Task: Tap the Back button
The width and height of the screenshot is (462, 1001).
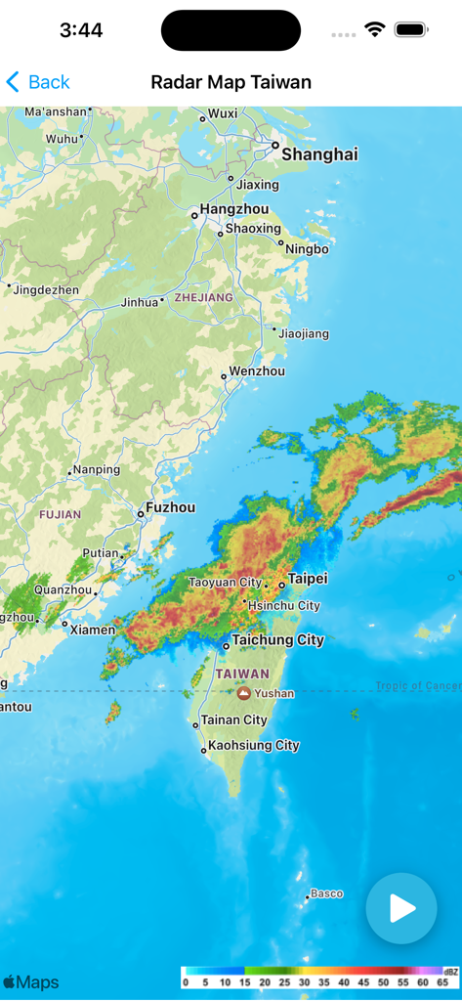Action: [x=38, y=82]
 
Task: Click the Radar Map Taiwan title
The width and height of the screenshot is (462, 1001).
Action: [x=231, y=82]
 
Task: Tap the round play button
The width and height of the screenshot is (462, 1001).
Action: [x=401, y=908]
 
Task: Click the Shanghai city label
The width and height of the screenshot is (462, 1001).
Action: [x=319, y=154]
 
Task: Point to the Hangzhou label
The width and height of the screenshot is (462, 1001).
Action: [x=233, y=209]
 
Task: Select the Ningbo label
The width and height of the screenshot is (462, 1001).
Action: [x=307, y=249]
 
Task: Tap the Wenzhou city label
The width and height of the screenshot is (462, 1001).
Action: [x=257, y=371]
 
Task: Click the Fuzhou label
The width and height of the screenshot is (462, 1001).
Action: [x=170, y=507]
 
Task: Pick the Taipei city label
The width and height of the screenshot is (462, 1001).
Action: [x=308, y=578]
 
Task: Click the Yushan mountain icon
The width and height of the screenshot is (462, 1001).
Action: [x=243, y=693]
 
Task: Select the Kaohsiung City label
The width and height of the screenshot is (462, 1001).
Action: [x=252, y=745]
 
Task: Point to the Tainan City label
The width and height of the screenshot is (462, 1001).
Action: [x=233, y=720]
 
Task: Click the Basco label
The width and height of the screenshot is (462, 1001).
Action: [x=326, y=893]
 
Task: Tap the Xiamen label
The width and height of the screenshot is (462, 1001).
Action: [x=93, y=630]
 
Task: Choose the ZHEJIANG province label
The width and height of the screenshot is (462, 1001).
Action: [x=203, y=297]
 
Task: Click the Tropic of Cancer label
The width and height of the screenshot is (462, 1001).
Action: [x=418, y=686]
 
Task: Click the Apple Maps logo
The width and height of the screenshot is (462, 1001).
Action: [x=30, y=982]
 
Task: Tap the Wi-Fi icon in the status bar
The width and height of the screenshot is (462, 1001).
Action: [x=375, y=30]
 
